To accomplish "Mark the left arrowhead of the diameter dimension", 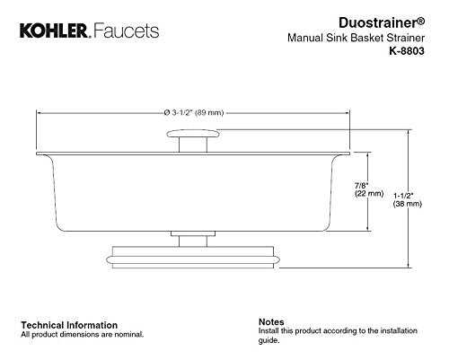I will point(39,113).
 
